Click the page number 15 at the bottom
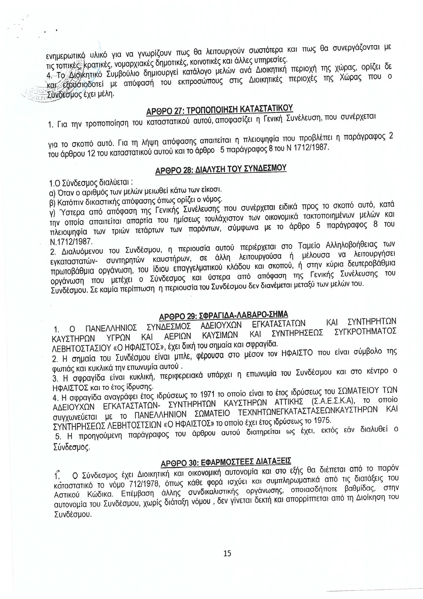227,553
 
